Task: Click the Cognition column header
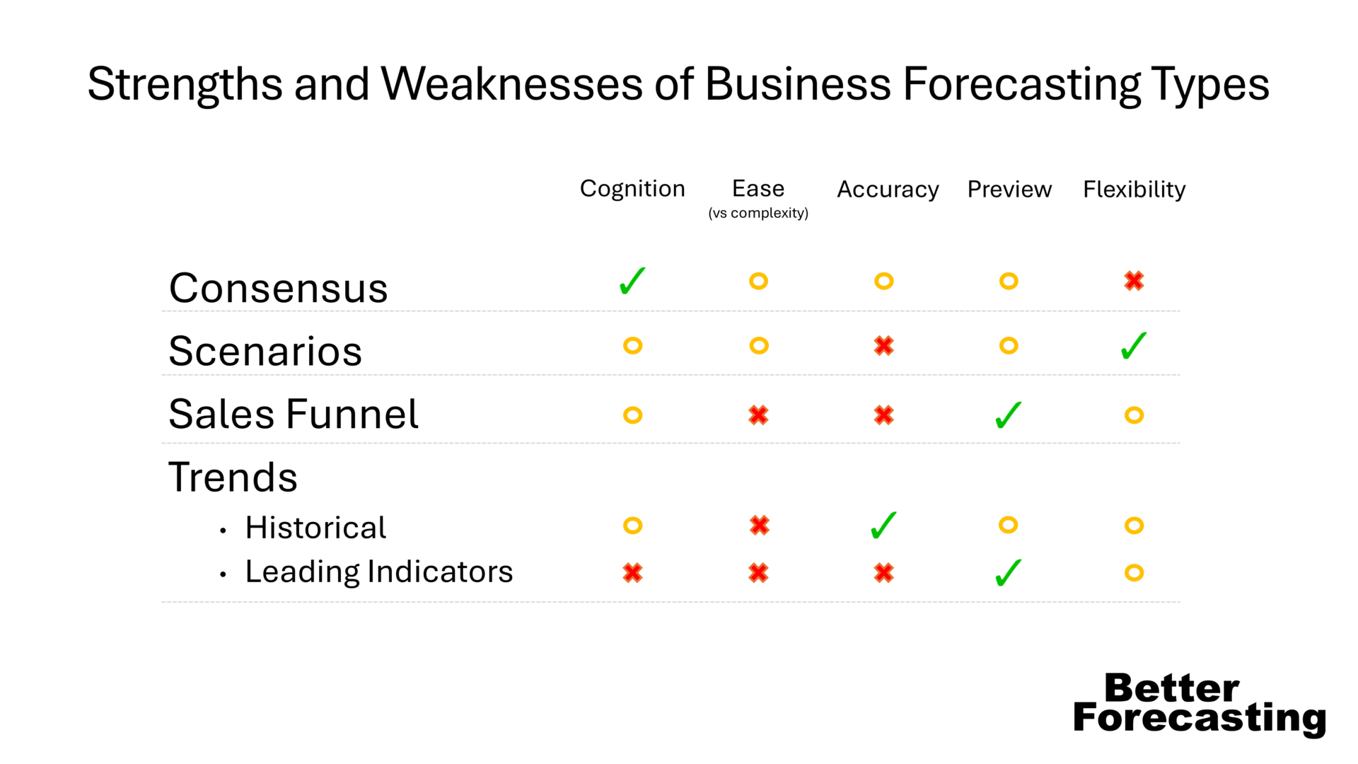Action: point(632,189)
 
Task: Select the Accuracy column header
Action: point(888,190)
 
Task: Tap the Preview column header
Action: point(1009,190)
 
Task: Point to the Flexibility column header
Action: point(1134,190)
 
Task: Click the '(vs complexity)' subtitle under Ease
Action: point(758,213)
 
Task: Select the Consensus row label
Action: point(279,288)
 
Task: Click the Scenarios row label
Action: point(265,351)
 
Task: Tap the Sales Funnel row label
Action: point(294,414)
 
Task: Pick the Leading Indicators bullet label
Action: point(378,572)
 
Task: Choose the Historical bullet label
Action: point(315,528)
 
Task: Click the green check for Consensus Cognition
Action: point(632,281)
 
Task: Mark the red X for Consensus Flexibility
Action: point(1134,281)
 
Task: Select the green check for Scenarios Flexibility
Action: point(1134,346)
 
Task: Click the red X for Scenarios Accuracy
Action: point(883,346)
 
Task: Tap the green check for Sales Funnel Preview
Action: point(1009,415)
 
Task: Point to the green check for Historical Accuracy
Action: point(883,526)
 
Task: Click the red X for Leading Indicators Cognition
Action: point(632,573)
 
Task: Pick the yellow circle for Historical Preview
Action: point(1009,526)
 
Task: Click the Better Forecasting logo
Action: point(1199,703)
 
